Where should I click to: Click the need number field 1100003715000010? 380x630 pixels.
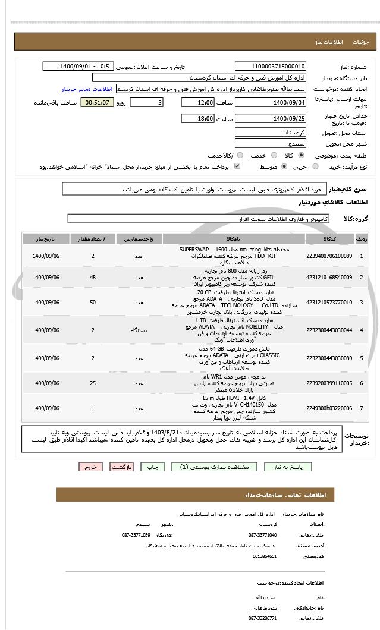(271, 67)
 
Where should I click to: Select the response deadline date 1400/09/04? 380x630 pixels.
(271, 102)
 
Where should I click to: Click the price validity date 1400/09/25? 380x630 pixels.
(271, 119)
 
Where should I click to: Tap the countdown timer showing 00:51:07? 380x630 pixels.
(97, 102)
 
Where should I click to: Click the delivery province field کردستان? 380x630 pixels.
(271, 132)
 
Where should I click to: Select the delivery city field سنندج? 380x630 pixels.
(271, 144)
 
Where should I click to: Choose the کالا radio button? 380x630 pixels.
(300, 156)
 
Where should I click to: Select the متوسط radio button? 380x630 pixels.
(284, 167)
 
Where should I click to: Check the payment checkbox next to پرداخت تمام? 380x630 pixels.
(238, 167)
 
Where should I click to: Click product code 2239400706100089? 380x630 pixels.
(329, 256)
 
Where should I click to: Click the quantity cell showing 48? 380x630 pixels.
(93, 278)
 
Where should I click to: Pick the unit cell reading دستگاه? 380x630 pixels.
(139, 330)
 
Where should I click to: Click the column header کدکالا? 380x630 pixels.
(329, 239)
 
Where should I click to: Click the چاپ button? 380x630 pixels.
(152, 467)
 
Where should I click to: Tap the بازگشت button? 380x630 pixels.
(121, 467)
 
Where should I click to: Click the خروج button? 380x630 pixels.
(90, 467)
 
